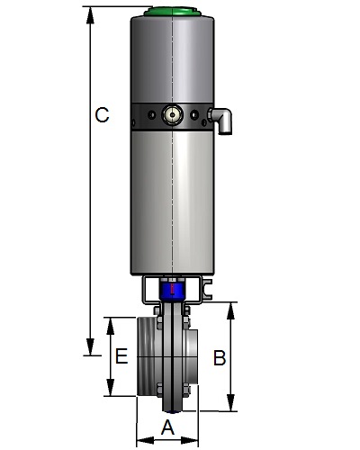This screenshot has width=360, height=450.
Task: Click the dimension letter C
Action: (102, 115)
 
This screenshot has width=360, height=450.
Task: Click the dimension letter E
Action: (121, 356)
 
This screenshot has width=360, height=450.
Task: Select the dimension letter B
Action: (220, 357)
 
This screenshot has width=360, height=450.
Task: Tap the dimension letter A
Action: (167, 427)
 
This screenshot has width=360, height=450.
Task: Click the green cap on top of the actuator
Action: (172, 12)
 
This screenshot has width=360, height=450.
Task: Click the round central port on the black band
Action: (172, 114)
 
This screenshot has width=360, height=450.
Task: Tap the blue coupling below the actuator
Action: (172, 290)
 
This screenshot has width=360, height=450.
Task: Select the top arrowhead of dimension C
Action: (90, 15)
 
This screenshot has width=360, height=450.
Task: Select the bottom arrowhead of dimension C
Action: (90, 346)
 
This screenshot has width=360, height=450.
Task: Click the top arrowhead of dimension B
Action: (230, 310)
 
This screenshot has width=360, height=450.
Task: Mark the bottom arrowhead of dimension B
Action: (230, 402)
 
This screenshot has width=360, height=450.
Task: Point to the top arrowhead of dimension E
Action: (111, 326)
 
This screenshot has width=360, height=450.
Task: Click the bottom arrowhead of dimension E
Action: (111, 387)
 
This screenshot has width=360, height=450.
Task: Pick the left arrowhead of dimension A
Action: (145, 441)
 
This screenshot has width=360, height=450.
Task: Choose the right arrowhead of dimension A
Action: (190, 441)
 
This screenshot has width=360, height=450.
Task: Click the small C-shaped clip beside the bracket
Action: (207, 289)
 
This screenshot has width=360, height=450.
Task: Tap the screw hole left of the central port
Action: (151, 114)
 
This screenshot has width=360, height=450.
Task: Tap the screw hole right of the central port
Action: (194, 114)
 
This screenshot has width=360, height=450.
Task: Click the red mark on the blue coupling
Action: (172, 289)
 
